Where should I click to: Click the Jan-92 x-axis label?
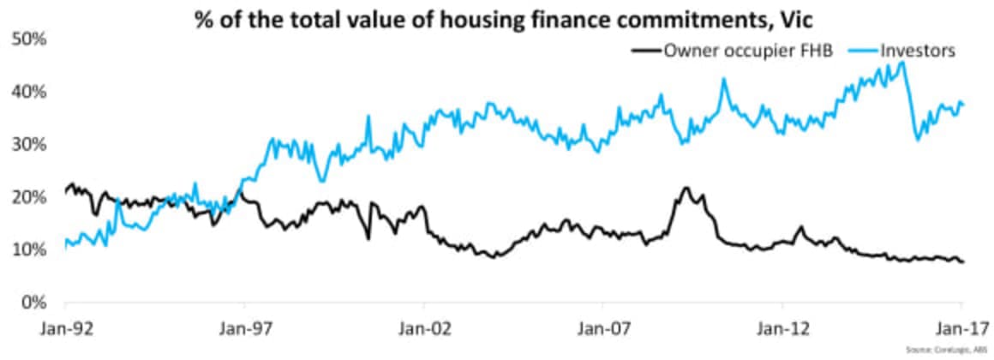click(x=65, y=327)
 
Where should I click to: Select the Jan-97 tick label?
click(x=245, y=327)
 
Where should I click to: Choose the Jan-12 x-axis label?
click(x=782, y=327)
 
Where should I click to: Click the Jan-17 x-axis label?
click(x=961, y=327)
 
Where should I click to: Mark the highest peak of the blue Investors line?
click(x=901, y=62)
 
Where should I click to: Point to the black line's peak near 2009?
click(x=686, y=187)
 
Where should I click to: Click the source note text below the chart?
click(x=939, y=350)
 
